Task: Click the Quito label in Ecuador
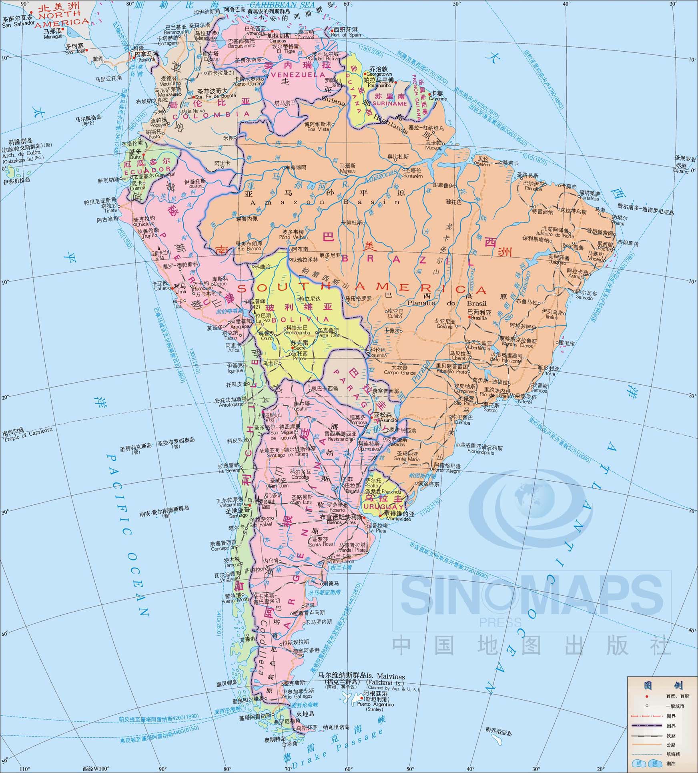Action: (135, 157)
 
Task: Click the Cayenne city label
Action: (437, 98)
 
